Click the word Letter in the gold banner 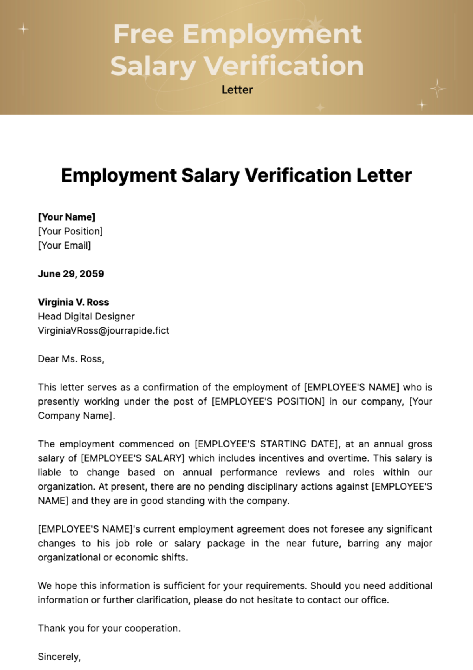[x=237, y=90]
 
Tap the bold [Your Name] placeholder [x=67, y=217]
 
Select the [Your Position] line [x=70, y=231]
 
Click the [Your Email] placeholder [x=64, y=245]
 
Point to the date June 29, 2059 [x=71, y=274]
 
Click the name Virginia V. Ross [x=73, y=302]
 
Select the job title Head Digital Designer [x=86, y=316]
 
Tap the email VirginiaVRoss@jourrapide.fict [x=103, y=330]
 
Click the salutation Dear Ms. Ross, [x=71, y=359]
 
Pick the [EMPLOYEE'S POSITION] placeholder [x=268, y=401]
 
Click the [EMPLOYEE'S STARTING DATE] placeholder [x=267, y=444]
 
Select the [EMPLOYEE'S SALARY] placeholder [x=132, y=458]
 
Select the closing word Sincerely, [x=59, y=657]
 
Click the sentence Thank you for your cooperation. [x=109, y=628]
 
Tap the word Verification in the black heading [x=298, y=176]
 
